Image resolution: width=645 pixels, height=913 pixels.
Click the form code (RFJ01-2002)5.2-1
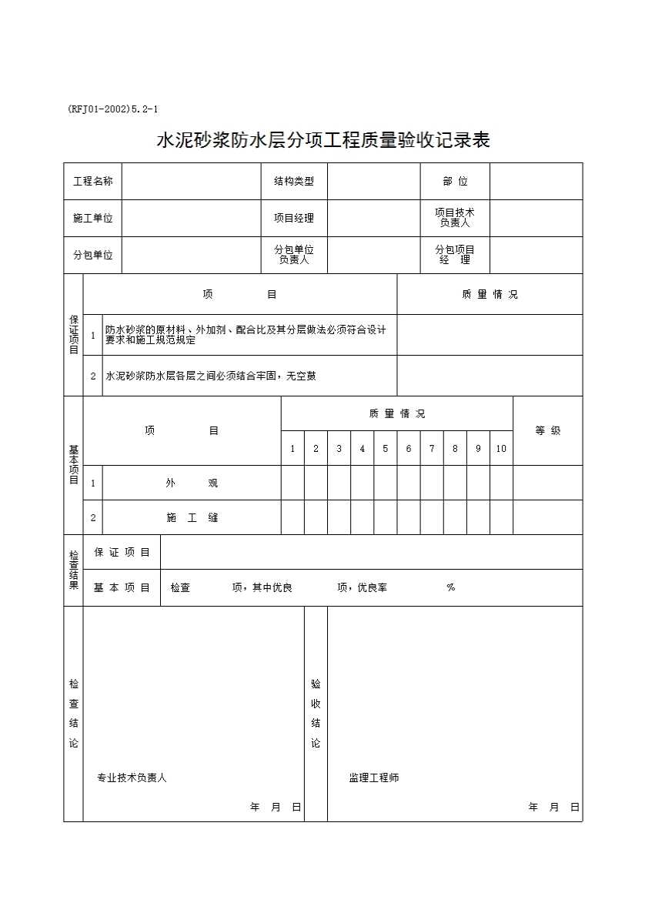(x=112, y=109)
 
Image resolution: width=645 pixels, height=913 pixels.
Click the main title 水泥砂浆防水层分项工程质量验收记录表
(x=323, y=140)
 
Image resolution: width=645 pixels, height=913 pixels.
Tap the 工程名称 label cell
(x=93, y=182)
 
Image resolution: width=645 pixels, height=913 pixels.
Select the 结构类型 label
(x=294, y=182)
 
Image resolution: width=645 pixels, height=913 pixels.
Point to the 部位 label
(x=455, y=182)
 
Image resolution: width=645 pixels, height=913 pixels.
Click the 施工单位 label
(x=93, y=218)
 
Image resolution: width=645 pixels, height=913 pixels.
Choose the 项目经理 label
(x=294, y=218)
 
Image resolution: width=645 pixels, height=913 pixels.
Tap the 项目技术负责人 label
(x=455, y=218)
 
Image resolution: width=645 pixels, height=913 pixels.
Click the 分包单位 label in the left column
(x=93, y=255)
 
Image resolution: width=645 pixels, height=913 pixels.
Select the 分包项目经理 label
(x=455, y=255)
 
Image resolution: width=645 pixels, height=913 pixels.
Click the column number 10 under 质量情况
(x=501, y=449)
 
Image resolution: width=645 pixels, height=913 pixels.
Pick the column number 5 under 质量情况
(x=386, y=449)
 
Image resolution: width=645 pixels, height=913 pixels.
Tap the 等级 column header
(x=548, y=431)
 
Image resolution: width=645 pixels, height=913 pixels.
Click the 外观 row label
(x=192, y=483)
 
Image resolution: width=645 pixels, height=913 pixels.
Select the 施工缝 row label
(x=192, y=518)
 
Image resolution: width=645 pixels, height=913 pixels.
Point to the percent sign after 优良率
(x=451, y=588)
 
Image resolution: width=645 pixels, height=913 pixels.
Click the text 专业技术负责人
(x=132, y=778)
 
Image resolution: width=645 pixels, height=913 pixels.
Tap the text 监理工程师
(x=374, y=778)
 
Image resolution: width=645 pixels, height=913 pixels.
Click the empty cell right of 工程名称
(x=192, y=182)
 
